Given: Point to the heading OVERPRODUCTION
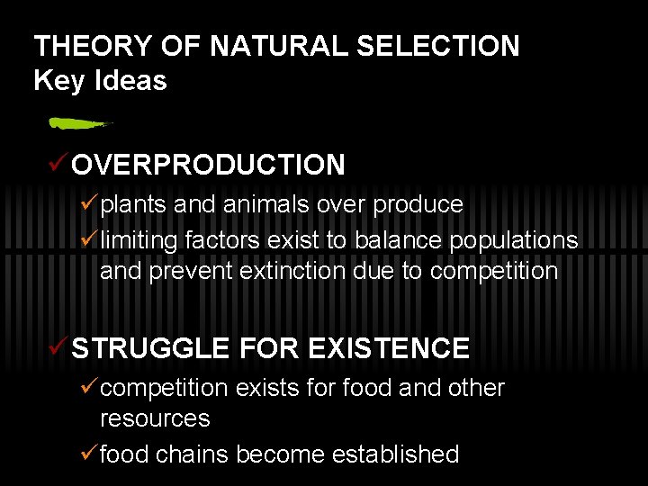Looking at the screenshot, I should pos(208,165).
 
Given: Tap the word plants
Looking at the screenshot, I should pos(133,205).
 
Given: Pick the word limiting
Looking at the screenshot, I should pos(139,240).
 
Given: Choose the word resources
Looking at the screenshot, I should pos(155,419).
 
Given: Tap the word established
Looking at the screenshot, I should pos(395,454).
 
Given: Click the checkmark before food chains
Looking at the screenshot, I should pos(87,454).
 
